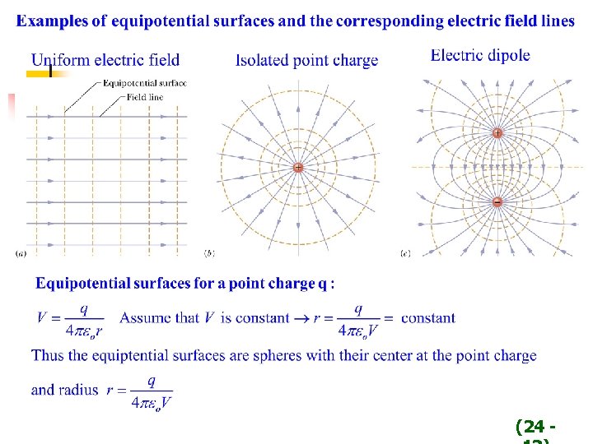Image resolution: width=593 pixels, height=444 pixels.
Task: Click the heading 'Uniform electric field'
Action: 105,60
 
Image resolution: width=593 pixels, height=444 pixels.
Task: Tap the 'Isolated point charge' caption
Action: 307,60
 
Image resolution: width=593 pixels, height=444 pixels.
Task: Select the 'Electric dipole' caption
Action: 480,56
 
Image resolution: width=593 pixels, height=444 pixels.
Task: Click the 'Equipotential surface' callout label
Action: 145,82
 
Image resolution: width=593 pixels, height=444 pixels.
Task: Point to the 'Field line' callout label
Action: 145,97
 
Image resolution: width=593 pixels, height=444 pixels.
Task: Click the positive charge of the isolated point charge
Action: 297,168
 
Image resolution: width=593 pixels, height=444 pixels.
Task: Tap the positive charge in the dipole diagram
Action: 497,133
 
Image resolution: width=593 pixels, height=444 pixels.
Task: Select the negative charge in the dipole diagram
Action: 497,202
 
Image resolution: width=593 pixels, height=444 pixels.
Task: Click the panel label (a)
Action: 20,253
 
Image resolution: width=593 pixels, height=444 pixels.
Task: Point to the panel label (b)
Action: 209,253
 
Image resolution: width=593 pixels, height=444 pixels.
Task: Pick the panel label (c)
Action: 404,253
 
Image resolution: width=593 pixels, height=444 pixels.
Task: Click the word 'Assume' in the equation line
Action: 146,318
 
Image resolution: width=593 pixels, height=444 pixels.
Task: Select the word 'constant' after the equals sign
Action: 428,318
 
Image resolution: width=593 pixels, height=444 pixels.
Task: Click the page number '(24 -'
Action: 535,427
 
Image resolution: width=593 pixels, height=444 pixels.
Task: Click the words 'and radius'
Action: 65,390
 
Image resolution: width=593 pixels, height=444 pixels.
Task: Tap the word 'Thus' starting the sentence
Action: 48,356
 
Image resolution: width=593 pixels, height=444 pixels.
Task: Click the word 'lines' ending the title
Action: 558,21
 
